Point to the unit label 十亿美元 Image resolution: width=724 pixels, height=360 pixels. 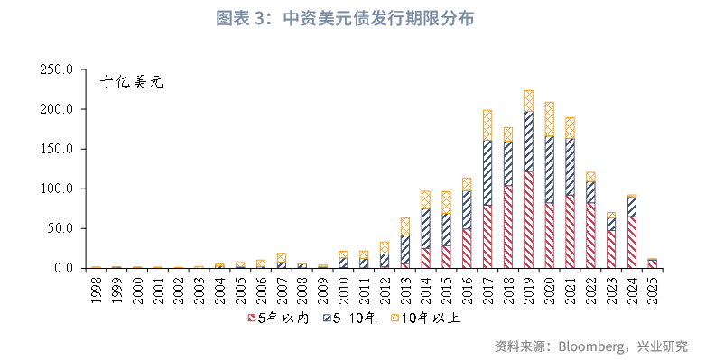point(133,82)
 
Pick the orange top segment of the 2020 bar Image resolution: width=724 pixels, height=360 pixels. point(549,118)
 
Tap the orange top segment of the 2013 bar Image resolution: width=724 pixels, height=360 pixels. point(404,226)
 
